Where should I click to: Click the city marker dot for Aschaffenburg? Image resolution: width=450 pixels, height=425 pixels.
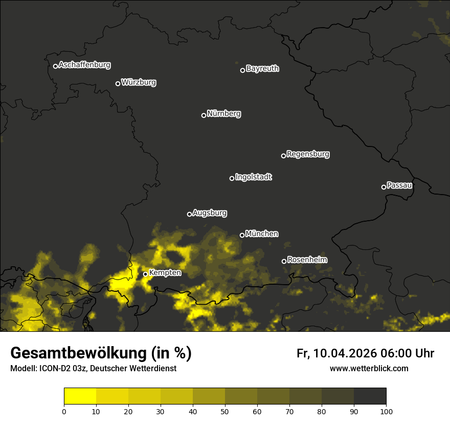click(x=55, y=66)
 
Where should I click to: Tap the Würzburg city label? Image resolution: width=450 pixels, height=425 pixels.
click(x=139, y=82)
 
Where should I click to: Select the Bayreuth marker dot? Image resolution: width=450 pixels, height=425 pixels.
click(x=242, y=70)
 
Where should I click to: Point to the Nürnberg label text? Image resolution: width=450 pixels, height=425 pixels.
click(x=224, y=114)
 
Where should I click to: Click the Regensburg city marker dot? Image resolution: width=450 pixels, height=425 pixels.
click(x=283, y=156)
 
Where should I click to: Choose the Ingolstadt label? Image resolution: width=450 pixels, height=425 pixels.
click(x=254, y=177)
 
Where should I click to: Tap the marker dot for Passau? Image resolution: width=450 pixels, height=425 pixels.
click(x=384, y=187)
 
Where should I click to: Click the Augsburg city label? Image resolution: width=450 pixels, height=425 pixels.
click(x=210, y=213)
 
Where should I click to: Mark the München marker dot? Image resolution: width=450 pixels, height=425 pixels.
click(x=242, y=235)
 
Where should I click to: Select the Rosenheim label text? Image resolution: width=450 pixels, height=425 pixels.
click(x=307, y=260)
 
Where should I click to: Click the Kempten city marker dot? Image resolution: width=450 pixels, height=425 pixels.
click(x=145, y=274)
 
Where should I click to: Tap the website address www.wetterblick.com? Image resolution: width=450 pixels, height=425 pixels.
click(x=369, y=368)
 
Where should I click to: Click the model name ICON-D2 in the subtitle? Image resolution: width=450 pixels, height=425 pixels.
click(x=53, y=369)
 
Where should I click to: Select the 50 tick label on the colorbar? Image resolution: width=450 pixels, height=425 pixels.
click(x=225, y=411)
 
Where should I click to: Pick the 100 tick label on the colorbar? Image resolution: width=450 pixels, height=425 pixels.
click(x=386, y=411)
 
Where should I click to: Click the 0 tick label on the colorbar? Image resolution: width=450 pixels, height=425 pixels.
click(x=64, y=411)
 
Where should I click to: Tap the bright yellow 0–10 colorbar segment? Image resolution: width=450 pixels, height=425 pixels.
click(x=80, y=396)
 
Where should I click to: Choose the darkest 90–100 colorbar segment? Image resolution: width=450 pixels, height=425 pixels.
click(x=370, y=396)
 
